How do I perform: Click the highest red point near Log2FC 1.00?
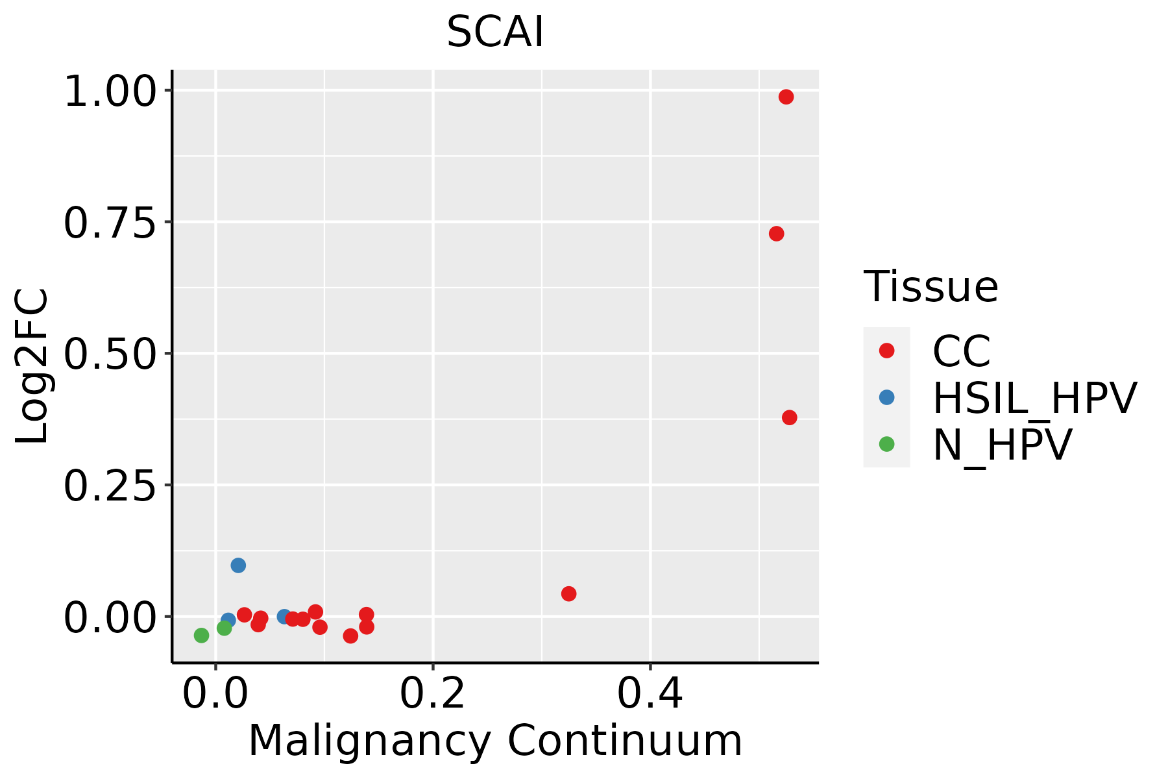click(x=786, y=97)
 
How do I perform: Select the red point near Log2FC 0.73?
click(x=776, y=234)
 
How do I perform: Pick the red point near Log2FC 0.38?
click(x=789, y=417)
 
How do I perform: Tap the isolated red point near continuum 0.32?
click(x=568, y=593)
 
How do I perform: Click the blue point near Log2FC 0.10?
click(x=238, y=565)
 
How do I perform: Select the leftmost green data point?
click(x=201, y=635)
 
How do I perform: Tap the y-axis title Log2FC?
click(x=32, y=367)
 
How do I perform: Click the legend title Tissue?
click(x=931, y=287)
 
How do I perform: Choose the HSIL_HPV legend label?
click(x=1034, y=398)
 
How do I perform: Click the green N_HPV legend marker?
click(x=886, y=444)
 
